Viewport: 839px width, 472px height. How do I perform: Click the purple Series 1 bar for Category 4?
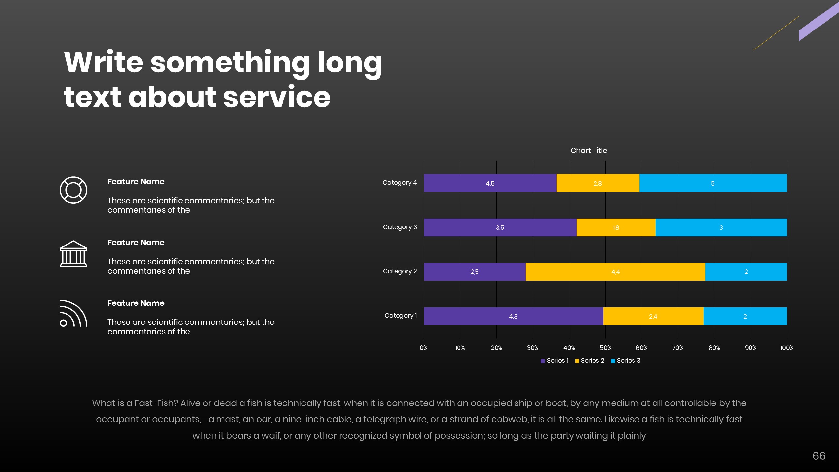[490, 183]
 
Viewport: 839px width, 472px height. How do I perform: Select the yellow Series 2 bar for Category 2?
[615, 272]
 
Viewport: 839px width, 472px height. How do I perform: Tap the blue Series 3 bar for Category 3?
[721, 227]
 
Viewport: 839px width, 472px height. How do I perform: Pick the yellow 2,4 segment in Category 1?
[653, 316]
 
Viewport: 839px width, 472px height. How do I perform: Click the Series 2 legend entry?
[590, 361]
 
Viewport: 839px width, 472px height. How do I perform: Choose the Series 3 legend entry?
[626, 361]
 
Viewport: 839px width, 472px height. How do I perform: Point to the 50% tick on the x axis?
[605, 348]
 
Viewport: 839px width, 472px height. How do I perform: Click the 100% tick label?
[787, 348]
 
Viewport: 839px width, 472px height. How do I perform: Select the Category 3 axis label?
[400, 227]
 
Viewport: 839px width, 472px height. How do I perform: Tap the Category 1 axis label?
[400, 315]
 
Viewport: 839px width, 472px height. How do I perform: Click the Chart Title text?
[589, 150]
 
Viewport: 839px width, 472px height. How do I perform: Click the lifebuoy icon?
[73, 190]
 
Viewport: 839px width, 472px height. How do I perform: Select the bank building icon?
[73, 254]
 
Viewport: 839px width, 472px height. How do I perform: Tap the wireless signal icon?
[73, 313]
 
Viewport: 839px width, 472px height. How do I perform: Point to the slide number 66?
[819, 456]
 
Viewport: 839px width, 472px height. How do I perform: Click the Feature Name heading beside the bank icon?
[136, 243]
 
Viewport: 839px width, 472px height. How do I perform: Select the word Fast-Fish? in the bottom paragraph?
[156, 403]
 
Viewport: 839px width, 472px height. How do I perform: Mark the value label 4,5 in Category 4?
[490, 183]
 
